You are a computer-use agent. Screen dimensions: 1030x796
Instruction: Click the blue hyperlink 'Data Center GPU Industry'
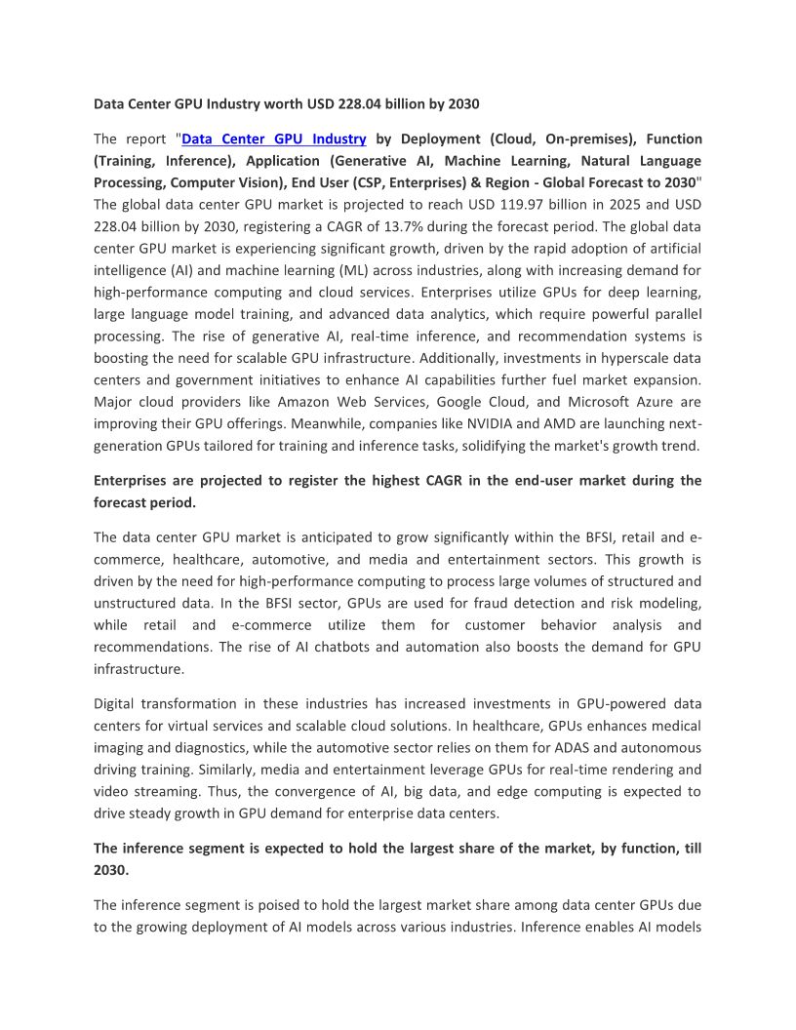click(x=274, y=139)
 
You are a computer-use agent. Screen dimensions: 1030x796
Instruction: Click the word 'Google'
click(x=464, y=402)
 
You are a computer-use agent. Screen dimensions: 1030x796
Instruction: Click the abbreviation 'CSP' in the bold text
click(x=489, y=182)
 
